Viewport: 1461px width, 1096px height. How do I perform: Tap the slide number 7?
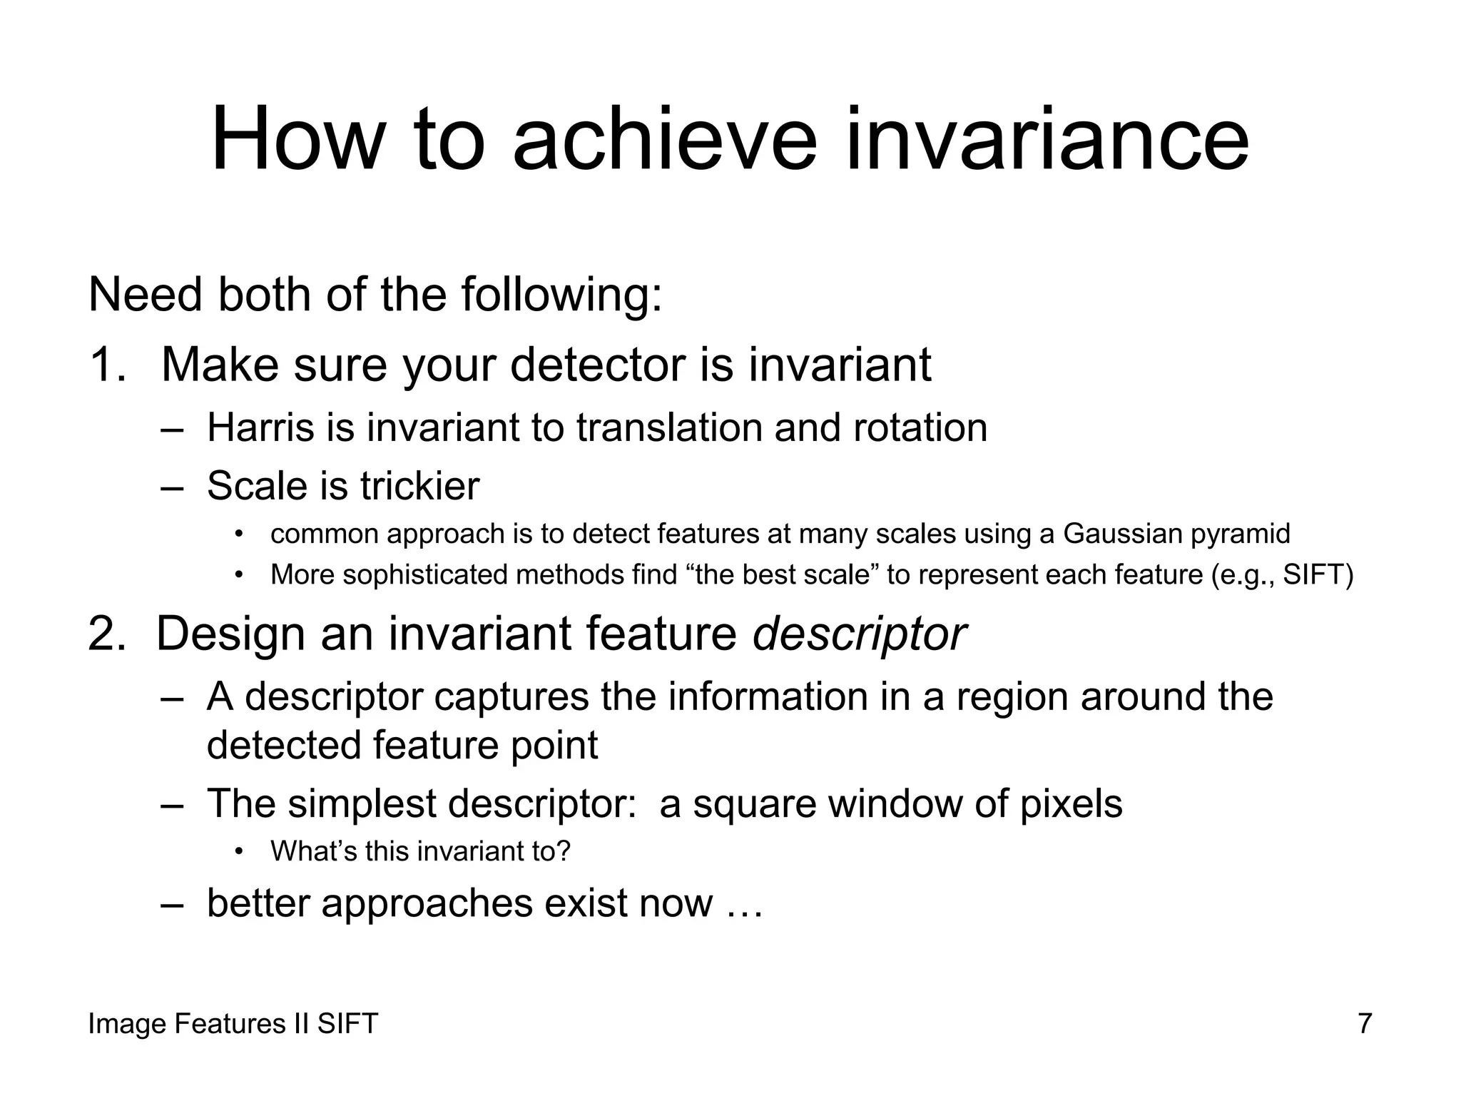1365,1024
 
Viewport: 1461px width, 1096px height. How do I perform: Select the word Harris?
260,428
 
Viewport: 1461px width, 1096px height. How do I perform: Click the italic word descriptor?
859,634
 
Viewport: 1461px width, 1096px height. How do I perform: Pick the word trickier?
419,486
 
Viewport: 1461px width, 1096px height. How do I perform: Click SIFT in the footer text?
347,1024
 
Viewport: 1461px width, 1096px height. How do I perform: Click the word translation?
670,428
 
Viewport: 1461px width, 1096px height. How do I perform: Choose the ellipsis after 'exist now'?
745,903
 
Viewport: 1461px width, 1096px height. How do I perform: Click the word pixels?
1070,804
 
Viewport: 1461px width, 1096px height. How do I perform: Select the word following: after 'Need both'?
561,295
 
